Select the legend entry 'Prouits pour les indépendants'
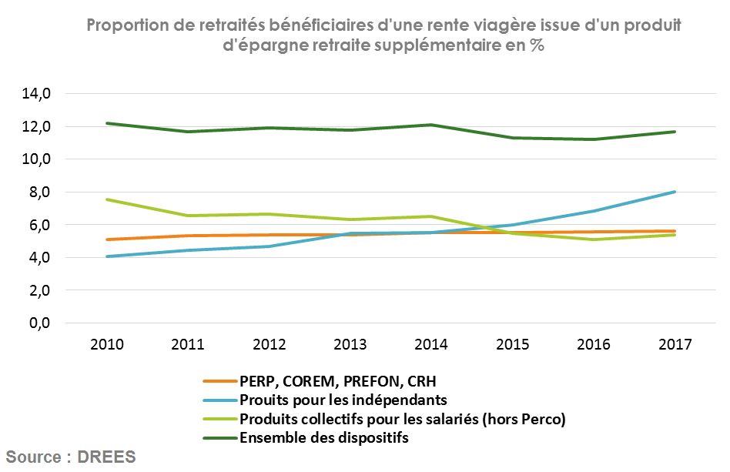click(343, 400)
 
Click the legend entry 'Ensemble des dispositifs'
click(323, 438)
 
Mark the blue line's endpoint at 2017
click(675, 192)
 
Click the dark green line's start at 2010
click(106, 123)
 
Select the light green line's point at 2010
click(106, 199)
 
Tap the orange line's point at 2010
click(106, 239)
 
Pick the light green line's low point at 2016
click(593, 239)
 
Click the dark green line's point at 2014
click(430, 125)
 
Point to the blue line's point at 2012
click(268, 246)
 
